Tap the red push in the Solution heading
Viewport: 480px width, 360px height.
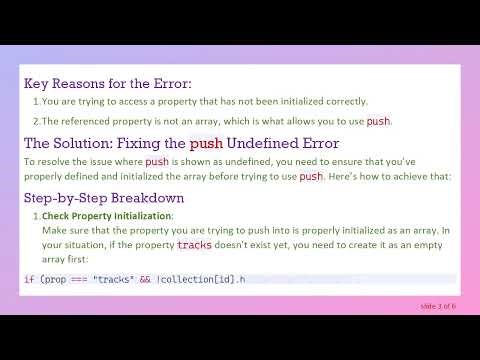(206, 143)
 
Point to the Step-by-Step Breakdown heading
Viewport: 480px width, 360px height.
(104, 198)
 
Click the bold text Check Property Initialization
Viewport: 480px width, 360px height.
(107, 215)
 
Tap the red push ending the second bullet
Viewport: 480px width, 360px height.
(378, 121)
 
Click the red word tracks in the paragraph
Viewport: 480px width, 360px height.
(195, 244)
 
